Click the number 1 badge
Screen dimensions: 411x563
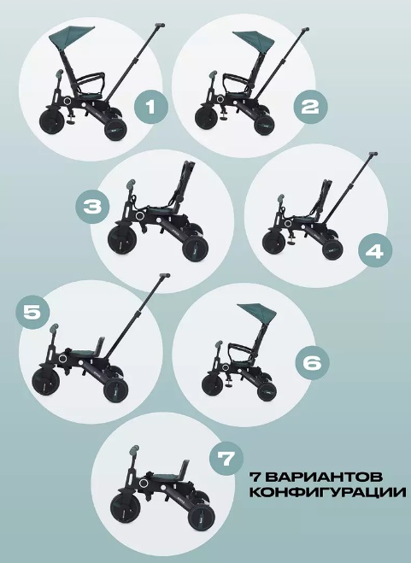151,107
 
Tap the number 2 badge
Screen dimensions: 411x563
311,107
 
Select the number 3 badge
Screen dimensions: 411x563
92,207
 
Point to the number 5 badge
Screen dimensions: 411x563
32,312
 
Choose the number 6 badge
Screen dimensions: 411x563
312,363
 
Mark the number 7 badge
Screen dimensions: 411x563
226,459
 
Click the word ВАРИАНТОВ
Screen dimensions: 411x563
326,478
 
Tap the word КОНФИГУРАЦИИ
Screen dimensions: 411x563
328,492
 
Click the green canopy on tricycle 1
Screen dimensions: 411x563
71,37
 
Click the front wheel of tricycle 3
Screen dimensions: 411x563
122,238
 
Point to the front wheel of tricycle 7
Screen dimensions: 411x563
125,507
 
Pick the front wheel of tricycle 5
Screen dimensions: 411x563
45,380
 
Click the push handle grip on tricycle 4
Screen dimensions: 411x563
373,154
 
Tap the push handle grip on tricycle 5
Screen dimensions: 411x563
164,276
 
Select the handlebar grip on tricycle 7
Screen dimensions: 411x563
135,450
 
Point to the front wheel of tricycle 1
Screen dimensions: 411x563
52,121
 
